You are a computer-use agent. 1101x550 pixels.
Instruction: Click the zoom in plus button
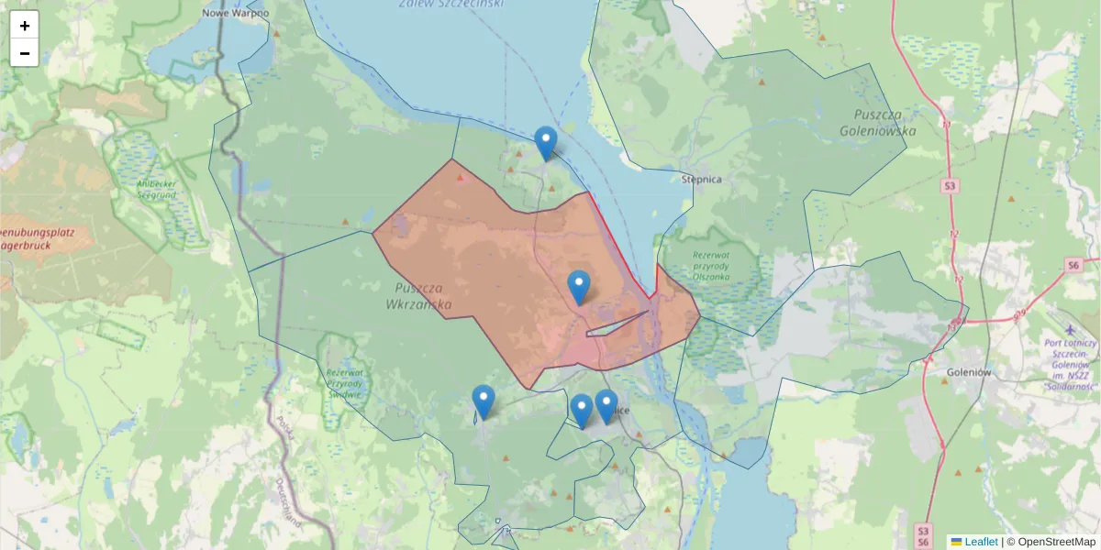click(25, 26)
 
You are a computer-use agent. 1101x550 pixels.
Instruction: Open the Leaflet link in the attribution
click(980, 542)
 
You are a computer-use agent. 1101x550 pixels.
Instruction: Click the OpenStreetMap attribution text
click(1055, 542)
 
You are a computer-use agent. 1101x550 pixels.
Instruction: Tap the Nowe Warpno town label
click(236, 13)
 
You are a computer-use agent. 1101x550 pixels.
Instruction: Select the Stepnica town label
click(702, 180)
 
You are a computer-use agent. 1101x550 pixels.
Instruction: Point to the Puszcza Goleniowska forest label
click(878, 122)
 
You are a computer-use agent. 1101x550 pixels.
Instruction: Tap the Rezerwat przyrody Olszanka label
click(711, 265)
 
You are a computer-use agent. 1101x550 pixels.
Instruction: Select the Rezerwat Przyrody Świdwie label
click(344, 382)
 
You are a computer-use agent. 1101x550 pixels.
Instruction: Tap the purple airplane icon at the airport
click(1070, 328)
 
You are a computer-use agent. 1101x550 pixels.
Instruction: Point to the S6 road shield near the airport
click(1073, 265)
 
